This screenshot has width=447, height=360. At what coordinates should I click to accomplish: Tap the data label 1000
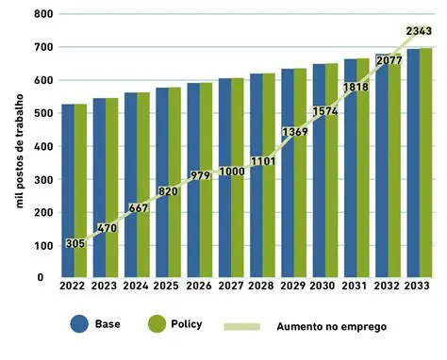click(230, 170)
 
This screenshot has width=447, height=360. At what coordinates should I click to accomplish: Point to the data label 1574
click(324, 112)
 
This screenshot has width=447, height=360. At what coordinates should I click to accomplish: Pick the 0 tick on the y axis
click(41, 278)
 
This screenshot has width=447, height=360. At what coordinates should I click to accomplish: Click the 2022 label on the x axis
click(74, 287)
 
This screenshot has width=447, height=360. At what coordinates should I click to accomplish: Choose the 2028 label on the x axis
click(262, 287)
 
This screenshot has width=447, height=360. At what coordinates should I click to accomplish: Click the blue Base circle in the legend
click(78, 324)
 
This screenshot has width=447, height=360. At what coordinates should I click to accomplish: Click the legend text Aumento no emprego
click(331, 327)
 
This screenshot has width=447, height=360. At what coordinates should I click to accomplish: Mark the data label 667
click(137, 208)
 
